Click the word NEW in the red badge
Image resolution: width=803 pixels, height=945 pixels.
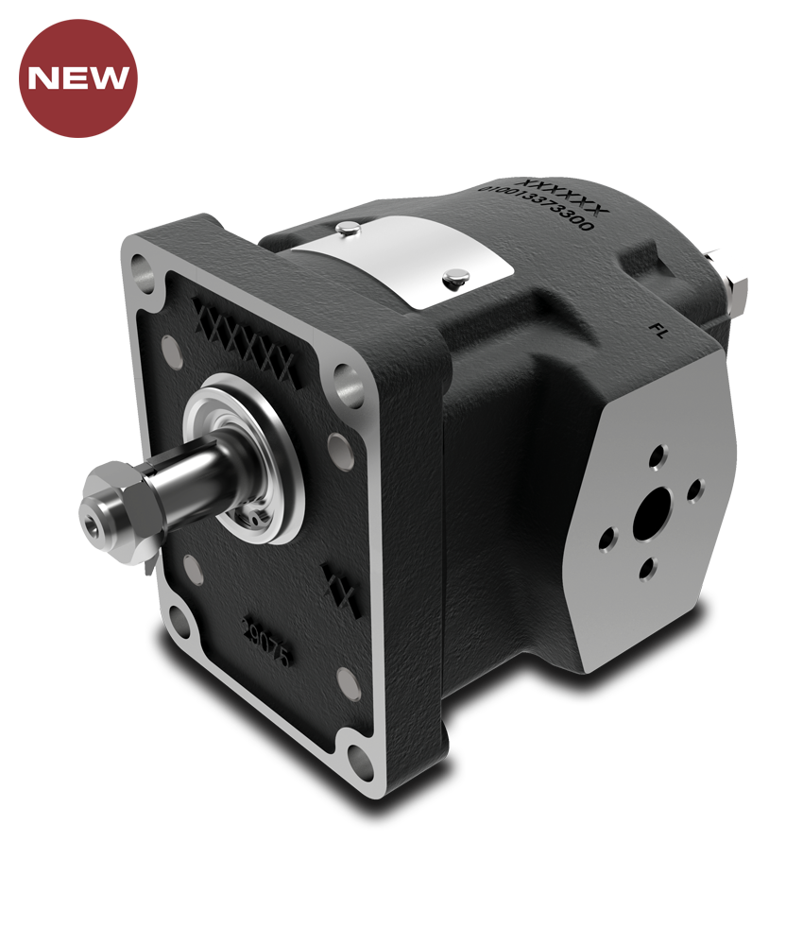pyautogui.click(x=78, y=77)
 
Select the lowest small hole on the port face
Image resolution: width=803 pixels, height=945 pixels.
pyautogui.click(x=647, y=569)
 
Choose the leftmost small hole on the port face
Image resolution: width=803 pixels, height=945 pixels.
pyautogui.click(x=607, y=540)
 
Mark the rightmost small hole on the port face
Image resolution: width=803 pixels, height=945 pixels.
pyautogui.click(x=694, y=490)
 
